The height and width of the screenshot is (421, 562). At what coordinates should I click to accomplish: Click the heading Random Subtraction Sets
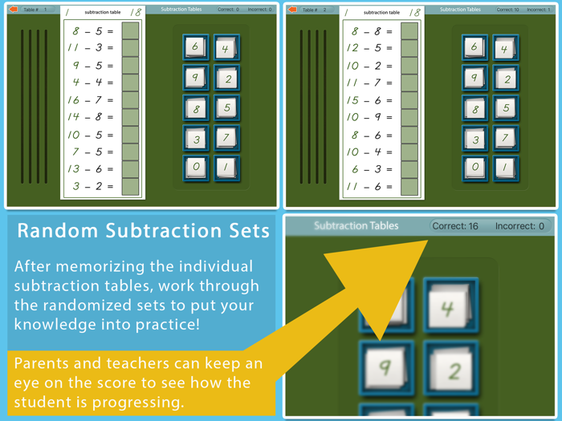143,232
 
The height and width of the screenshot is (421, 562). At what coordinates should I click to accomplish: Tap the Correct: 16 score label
455,226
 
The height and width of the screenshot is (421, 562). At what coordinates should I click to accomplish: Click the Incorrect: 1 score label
538,10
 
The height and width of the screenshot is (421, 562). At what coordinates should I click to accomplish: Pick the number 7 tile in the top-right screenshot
505,139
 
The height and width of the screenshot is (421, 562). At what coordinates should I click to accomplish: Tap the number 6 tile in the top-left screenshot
195,47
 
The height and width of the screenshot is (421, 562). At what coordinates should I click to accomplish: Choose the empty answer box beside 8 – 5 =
130,31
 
